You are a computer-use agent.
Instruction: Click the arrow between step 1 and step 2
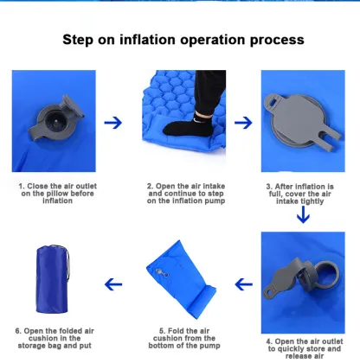[x=112, y=123]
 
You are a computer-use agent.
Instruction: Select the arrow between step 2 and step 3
[x=234, y=123]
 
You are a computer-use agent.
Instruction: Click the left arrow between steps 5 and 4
[x=234, y=283]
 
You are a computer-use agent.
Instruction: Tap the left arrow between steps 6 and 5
[x=112, y=283]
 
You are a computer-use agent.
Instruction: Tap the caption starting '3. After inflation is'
[x=299, y=192]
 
